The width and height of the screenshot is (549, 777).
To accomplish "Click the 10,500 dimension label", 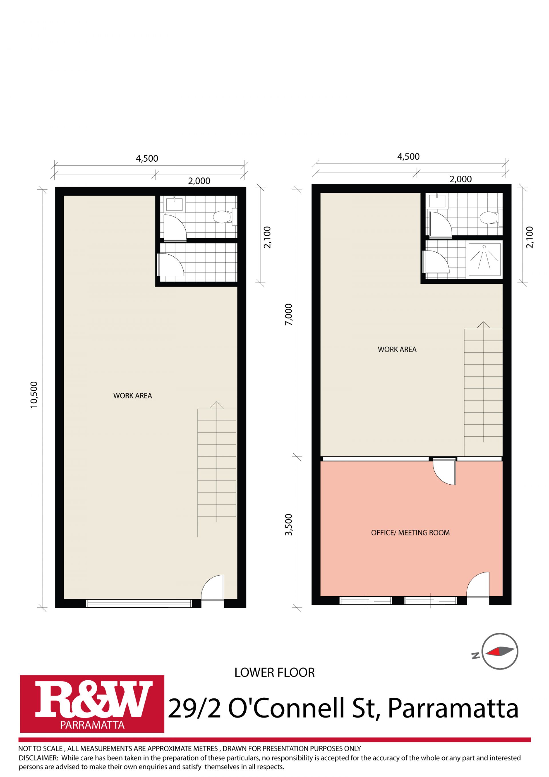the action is (x=34, y=395).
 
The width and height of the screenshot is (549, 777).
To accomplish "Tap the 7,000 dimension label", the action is (x=288, y=314).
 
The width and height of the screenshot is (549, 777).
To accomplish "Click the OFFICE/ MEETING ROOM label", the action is (x=410, y=533).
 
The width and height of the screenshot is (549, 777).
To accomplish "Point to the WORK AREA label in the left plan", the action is (x=133, y=396).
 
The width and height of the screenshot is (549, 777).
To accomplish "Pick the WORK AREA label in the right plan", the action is (x=397, y=350).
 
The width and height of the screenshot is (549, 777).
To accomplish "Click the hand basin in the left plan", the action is (x=174, y=203).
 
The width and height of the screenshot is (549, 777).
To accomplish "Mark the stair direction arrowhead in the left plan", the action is (x=216, y=405).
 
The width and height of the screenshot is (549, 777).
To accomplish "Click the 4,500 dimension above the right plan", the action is (x=408, y=156).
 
